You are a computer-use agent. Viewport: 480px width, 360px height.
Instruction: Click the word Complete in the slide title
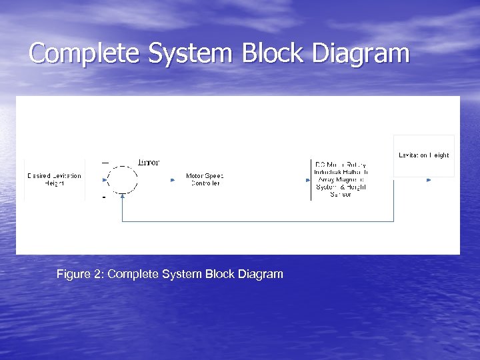tap(85, 53)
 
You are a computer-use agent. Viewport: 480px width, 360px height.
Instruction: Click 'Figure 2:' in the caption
tap(80, 274)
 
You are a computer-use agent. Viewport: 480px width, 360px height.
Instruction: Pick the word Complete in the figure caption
tap(132, 274)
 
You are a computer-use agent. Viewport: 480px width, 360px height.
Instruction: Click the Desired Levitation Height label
tap(55, 179)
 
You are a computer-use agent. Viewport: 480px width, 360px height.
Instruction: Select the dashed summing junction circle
tap(122, 179)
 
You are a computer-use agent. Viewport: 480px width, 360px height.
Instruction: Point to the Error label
tap(148, 162)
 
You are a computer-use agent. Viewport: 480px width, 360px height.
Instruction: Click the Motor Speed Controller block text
tap(204, 179)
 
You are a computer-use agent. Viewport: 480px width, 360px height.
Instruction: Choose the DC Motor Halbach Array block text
tap(341, 179)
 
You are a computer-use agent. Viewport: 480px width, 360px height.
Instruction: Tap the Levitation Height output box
tap(424, 155)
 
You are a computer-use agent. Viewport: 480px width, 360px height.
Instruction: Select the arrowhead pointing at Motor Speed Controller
tap(172, 179)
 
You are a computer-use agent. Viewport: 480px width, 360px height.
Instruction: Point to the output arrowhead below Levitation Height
tap(429, 179)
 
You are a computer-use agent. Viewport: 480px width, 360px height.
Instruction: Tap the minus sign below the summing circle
tap(104, 197)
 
